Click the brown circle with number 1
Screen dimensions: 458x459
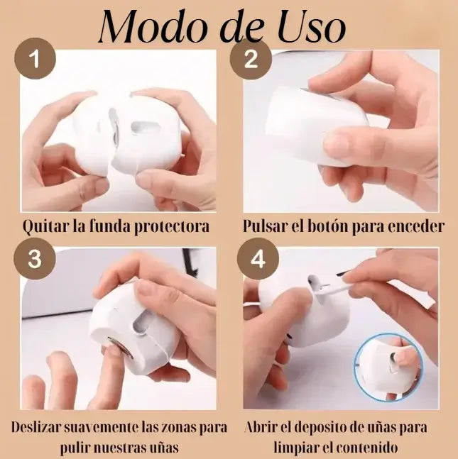(35, 59)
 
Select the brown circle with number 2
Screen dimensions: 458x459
(251, 59)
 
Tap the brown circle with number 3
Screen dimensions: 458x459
(35, 258)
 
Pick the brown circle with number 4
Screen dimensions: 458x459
(258, 258)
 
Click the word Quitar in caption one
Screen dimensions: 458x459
(45, 226)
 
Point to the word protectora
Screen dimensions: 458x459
(172, 227)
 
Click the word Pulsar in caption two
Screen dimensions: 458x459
(264, 226)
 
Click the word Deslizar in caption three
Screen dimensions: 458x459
(36, 427)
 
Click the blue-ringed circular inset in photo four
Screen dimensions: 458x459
(388, 367)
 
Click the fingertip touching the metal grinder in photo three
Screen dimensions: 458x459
(114, 350)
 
